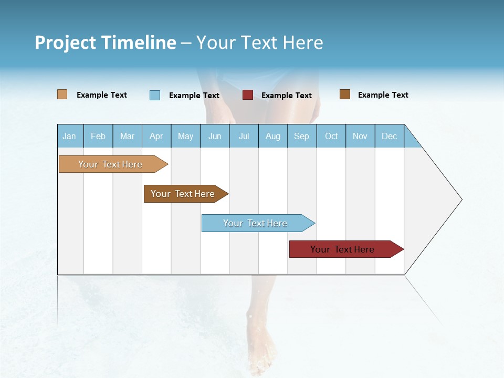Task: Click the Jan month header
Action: [70, 136]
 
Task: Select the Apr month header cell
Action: [156, 136]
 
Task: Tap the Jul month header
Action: [244, 136]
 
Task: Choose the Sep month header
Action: [302, 136]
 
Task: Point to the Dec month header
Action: [389, 136]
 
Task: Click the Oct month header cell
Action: [331, 136]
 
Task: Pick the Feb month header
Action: [98, 136]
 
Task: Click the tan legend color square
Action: [62, 94]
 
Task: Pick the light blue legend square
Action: [155, 95]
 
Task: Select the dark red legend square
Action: [248, 95]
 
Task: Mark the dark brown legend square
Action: [345, 94]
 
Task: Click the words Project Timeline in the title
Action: [105, 43]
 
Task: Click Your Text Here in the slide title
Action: [259, 43]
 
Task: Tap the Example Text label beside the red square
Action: [287, 96]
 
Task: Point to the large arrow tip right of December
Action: [441, 199]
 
